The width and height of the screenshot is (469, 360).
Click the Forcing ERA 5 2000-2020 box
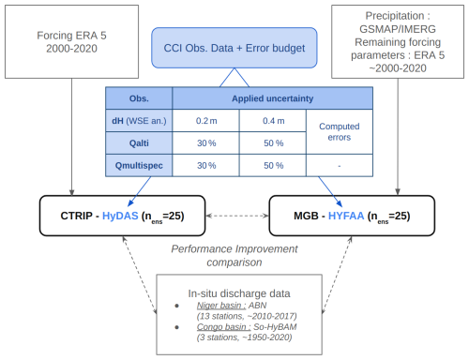[71, 41]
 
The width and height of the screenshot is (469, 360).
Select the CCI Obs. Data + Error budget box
[234, 48]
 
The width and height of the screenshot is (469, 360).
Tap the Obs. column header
[139, 98]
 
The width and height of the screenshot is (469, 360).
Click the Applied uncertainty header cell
[272, 98]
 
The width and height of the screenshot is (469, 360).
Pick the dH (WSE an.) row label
[139, 121]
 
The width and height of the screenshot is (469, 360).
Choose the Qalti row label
[139, 143]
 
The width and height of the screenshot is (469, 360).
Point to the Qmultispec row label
[139, 165]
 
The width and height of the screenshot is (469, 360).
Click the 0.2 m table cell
[206, 121]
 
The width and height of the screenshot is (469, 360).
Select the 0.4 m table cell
[273, 121]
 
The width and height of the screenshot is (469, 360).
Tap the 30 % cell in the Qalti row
[206, 143]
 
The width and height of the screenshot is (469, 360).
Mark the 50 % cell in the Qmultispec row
[273, 165]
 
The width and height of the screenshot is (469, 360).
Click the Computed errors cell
[340, 132]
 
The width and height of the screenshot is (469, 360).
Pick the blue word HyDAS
[120, 216]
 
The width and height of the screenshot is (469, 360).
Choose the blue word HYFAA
[346, 216]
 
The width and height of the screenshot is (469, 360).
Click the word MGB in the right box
[306, 216]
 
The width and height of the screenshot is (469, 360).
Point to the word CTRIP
[77, 216]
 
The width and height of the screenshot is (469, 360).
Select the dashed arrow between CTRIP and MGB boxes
[237, 216]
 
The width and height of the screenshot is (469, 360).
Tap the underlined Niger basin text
[221, 306]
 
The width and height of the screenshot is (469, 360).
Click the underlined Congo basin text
[223, 327]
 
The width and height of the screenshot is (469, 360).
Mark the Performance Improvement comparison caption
[234, 256]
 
